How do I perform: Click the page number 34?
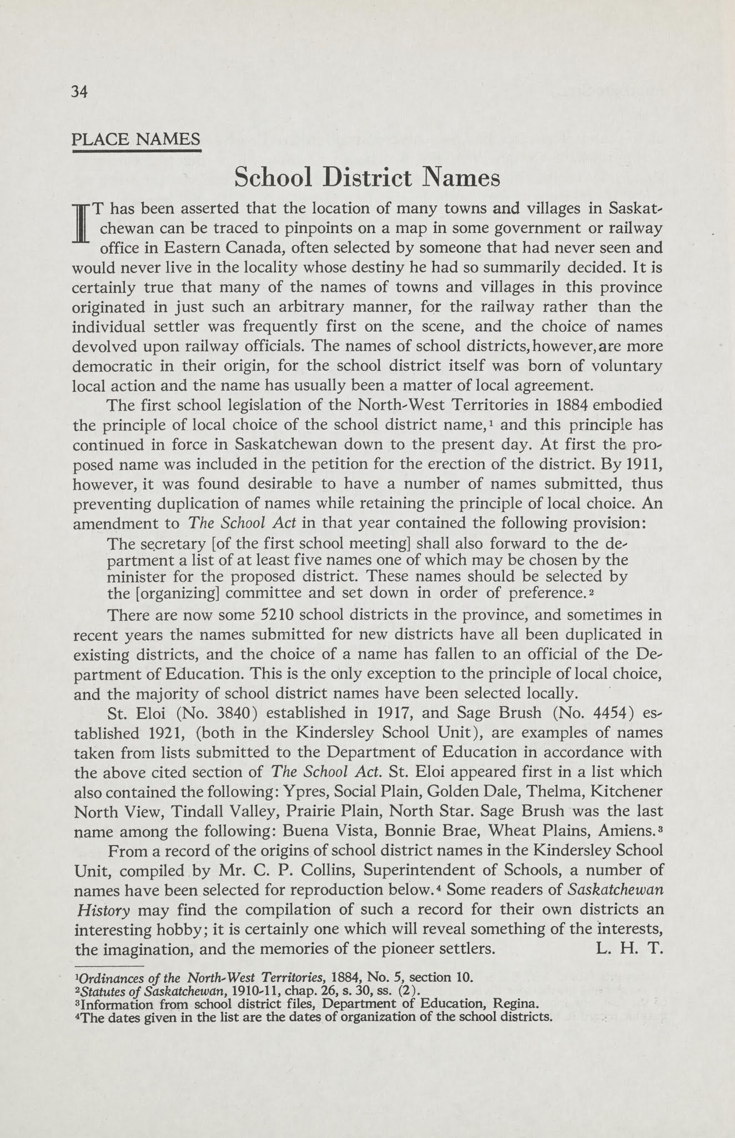coord(80,92)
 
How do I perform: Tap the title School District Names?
coord(367,178)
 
